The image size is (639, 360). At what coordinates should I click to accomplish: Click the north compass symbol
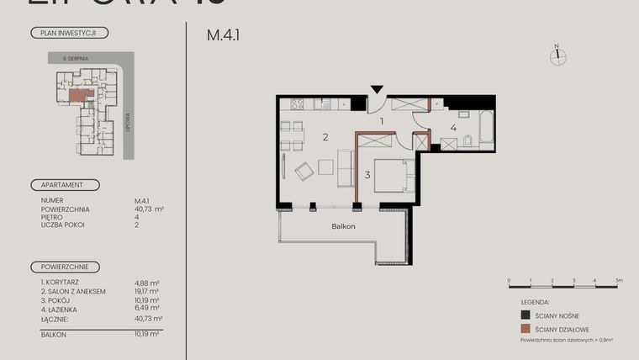tap(557, 56)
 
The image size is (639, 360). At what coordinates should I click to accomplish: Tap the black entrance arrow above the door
tap(378, 88)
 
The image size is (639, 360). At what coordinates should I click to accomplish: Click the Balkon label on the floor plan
tap(343, 226)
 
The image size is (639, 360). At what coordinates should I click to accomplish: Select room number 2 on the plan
tap(325, 136)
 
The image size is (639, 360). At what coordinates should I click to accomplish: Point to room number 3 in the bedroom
tap(367, 175)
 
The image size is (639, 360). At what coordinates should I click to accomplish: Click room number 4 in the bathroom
tap(453, 129)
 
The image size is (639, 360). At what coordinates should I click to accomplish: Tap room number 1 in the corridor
tap(381, 121)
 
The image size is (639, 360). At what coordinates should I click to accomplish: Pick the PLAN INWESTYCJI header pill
tap(68, 34)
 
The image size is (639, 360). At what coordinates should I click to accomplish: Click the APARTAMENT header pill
tap(64, 184)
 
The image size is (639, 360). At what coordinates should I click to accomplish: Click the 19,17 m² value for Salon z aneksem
tap(148, 291)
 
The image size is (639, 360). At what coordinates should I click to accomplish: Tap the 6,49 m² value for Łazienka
tap(148, 307)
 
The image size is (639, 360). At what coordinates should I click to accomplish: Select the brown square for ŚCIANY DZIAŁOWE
tap(525, 329)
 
